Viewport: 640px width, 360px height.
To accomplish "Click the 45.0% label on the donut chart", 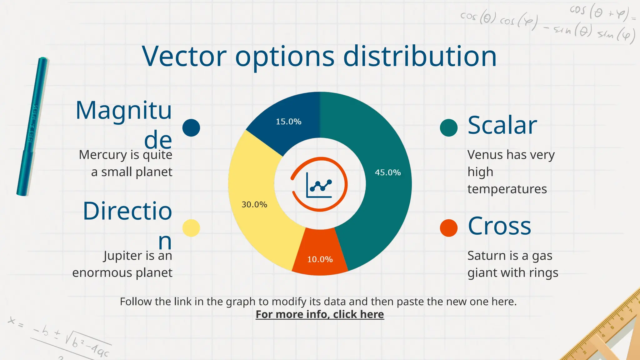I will (x=387, y=172).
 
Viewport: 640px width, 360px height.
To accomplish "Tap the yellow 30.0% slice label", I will (x=254, y=205).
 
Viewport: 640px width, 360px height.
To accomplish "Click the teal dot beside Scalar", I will (x=448, y=127).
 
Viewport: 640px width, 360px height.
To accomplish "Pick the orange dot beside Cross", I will (x=448, y=228).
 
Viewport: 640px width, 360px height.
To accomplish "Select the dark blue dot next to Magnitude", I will (x=191, y=127).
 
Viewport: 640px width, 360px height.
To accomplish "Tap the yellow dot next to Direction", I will (x=191, y=228).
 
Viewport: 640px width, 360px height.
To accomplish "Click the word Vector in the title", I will (x=184, y=57).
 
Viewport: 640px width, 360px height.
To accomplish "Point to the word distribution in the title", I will (x=420, y=57).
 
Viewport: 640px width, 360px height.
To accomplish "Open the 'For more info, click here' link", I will (x=320, y=314).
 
